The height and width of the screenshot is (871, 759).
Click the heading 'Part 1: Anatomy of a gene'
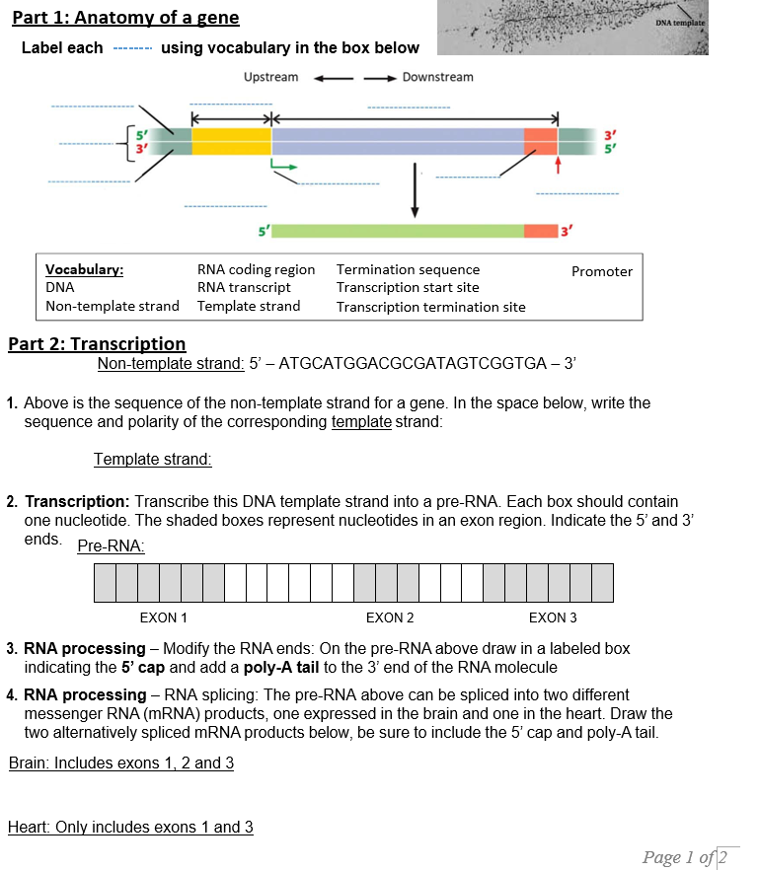125,18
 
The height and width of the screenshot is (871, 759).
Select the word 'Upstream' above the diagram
270,77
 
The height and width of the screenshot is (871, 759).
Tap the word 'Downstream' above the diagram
437,77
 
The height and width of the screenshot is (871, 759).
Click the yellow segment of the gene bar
231,141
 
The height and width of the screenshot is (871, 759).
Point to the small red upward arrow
559,164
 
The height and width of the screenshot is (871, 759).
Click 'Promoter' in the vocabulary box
602,271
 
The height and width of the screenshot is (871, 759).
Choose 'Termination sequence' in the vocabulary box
408,269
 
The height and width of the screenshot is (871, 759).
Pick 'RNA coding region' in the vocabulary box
256,269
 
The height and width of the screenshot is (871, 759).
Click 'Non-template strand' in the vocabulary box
113,306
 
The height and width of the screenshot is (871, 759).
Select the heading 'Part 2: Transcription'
97,343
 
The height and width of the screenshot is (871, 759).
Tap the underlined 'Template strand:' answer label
153,459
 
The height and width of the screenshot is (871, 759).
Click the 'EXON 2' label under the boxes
390,617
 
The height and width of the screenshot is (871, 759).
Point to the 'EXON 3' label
553,617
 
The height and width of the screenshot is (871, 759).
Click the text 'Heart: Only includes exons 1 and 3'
130,827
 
